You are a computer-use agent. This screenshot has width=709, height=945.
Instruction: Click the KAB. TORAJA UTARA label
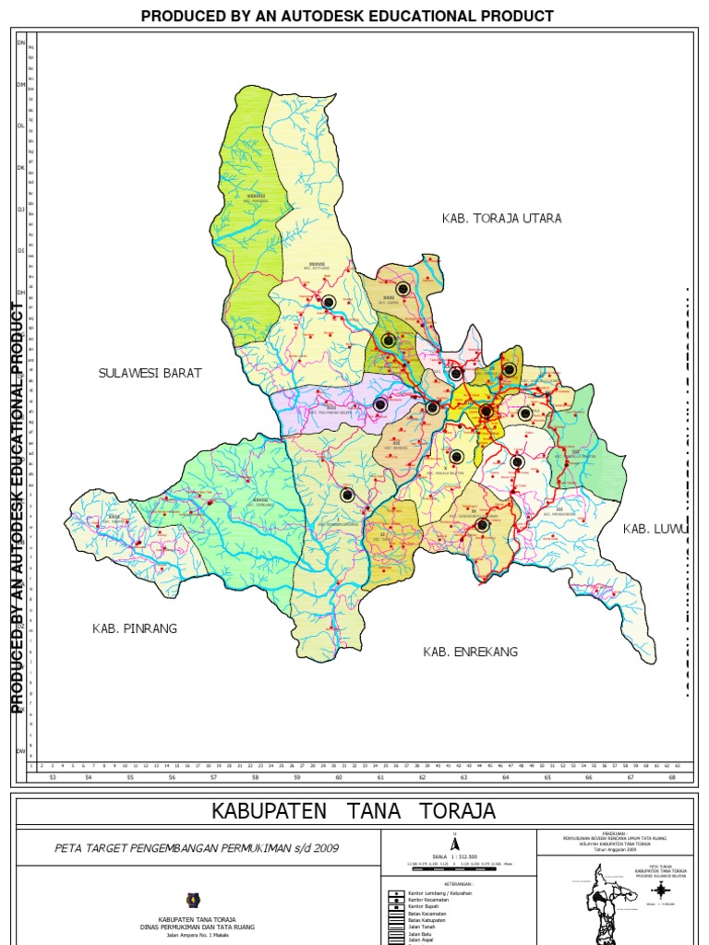point(501,219)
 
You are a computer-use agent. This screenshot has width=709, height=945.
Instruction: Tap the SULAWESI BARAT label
point(150,373)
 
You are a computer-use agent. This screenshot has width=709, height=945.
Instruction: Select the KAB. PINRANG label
point(134,628)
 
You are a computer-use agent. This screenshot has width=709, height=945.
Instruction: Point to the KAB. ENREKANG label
point(471,652)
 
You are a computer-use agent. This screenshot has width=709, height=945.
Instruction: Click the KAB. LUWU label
point(655,529)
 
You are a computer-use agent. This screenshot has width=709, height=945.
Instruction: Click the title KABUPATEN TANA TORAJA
point(354,811)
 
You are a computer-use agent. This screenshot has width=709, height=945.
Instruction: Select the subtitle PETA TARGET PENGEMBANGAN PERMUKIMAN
point(198,846)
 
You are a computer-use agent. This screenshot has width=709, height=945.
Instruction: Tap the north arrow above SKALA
point(454,843)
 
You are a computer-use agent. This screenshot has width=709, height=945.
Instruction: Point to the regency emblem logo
point(193,897)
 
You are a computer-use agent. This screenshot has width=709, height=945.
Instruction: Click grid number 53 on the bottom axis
point(53,778)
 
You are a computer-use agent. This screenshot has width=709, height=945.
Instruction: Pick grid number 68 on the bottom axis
point(672,778)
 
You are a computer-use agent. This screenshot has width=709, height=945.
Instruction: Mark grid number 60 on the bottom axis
point(338,778)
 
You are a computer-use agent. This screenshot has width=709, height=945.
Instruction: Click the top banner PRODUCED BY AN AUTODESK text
point(347,16)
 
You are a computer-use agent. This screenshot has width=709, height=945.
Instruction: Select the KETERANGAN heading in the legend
point(454,882)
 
